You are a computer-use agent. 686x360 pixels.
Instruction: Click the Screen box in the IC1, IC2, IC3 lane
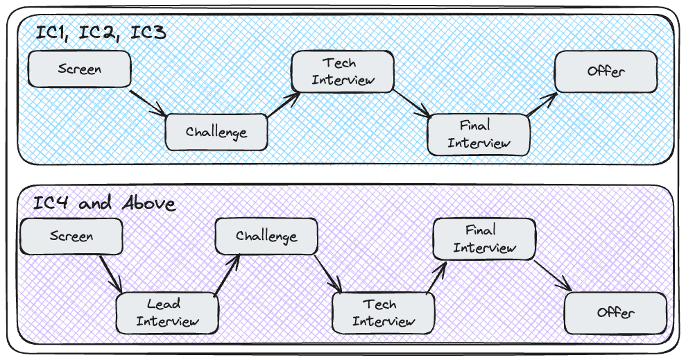point(80,69)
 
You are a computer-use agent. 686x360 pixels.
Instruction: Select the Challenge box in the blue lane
point(216,132)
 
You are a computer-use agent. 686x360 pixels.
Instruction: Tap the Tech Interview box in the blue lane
point(343,71)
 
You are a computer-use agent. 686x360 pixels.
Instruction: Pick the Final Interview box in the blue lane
point(479,135)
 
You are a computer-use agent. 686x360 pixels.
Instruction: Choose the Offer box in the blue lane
point(606,71)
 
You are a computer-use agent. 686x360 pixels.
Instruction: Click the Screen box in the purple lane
point(71,236)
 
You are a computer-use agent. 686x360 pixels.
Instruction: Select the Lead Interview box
point(167,313)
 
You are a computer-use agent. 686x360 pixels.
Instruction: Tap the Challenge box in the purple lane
point(266,237)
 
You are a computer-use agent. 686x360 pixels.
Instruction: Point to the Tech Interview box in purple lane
point(384,313)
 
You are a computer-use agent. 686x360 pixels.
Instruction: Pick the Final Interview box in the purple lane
point(484,239)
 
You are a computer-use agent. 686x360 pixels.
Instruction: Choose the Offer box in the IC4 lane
point(615,313)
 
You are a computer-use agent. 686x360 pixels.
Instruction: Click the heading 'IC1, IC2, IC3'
point(100,33)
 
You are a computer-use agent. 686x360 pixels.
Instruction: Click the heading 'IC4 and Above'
point(105,204)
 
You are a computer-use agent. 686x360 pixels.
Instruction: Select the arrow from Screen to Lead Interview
point(112,273)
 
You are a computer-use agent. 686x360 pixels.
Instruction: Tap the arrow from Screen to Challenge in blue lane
point(148,102)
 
